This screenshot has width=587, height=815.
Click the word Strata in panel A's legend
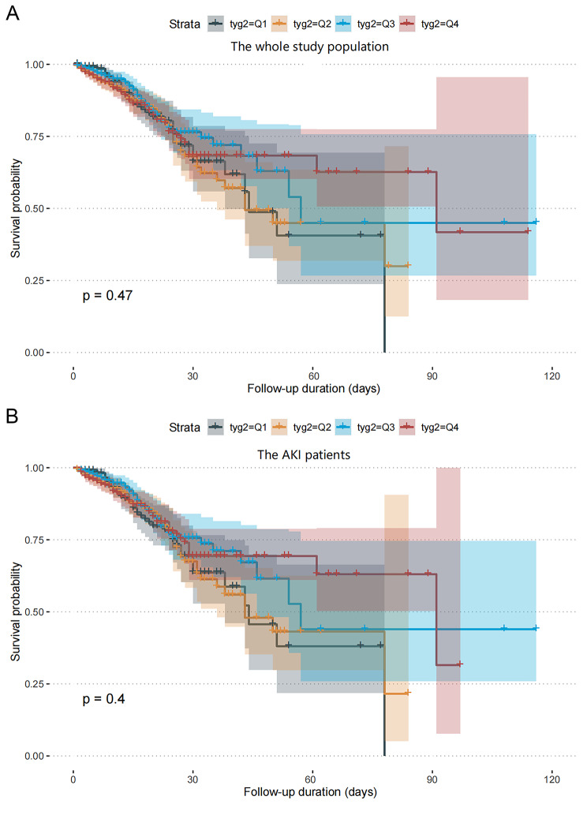pyautogui.click(x=186, y=24)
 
